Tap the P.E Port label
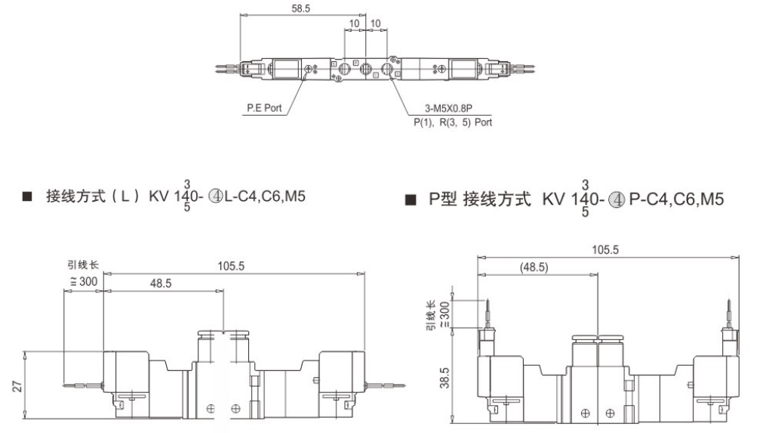coord(264,108)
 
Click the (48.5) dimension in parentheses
coord(534,267)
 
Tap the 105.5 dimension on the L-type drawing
coord(232,266)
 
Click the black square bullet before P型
coord(411,200)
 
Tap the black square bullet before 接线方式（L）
coord(28,197)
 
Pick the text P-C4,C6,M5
coord(677,200)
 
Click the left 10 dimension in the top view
coord(355,23)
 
